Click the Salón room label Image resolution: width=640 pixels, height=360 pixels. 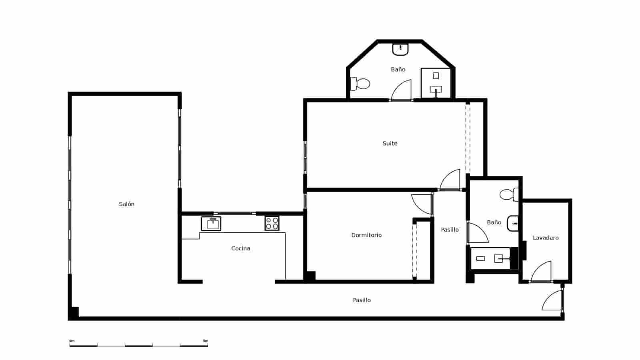[x=126, y=204]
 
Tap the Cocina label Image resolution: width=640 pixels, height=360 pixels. [x=240, y=248]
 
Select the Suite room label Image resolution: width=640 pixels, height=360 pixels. [x=390, y=143]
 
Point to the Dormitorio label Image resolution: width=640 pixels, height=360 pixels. [x=366, y=235]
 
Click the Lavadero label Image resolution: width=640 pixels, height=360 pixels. [x=546, y=238]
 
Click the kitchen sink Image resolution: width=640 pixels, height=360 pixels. [x=211, y=224]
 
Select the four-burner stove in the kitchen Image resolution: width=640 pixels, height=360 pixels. [x=272, y=223]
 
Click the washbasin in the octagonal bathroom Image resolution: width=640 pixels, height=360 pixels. [x=400, y=49]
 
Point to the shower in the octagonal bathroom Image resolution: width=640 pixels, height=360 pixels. [x=436, y=83]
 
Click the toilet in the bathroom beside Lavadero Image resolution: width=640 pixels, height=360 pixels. [x=509, y=195]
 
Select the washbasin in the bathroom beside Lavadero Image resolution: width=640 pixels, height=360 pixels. [x=513, y=223]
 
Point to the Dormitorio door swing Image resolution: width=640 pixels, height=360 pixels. [x=422, y=204]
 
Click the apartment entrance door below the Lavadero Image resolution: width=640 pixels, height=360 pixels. [x=553, y=301]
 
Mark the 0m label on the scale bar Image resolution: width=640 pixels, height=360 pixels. [x=72, y=341]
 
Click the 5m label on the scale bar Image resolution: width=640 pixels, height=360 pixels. [x=205, y=341]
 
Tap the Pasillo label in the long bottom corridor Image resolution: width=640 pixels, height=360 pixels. [x=362, y=300]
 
